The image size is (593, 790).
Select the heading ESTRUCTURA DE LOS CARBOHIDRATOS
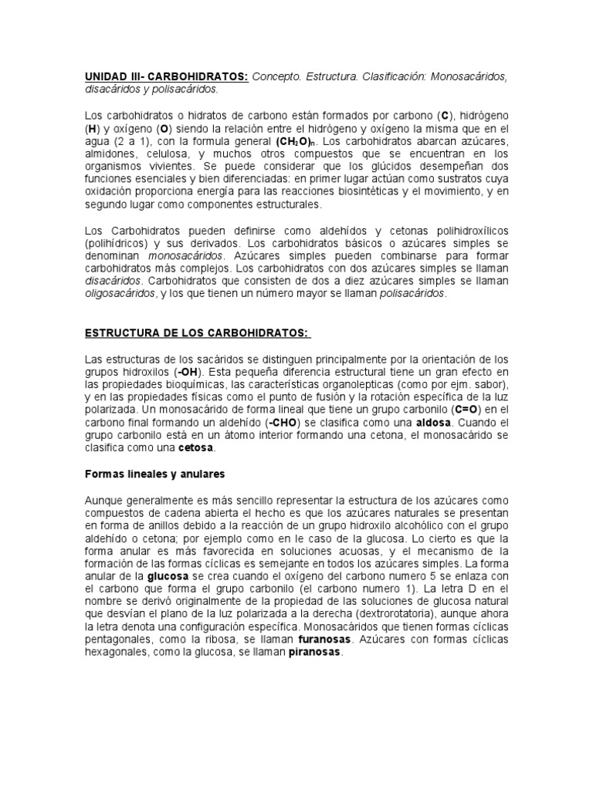tap(196, 333)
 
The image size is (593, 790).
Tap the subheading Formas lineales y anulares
tap(154, 473)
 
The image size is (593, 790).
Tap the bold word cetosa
tap(195, 448)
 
